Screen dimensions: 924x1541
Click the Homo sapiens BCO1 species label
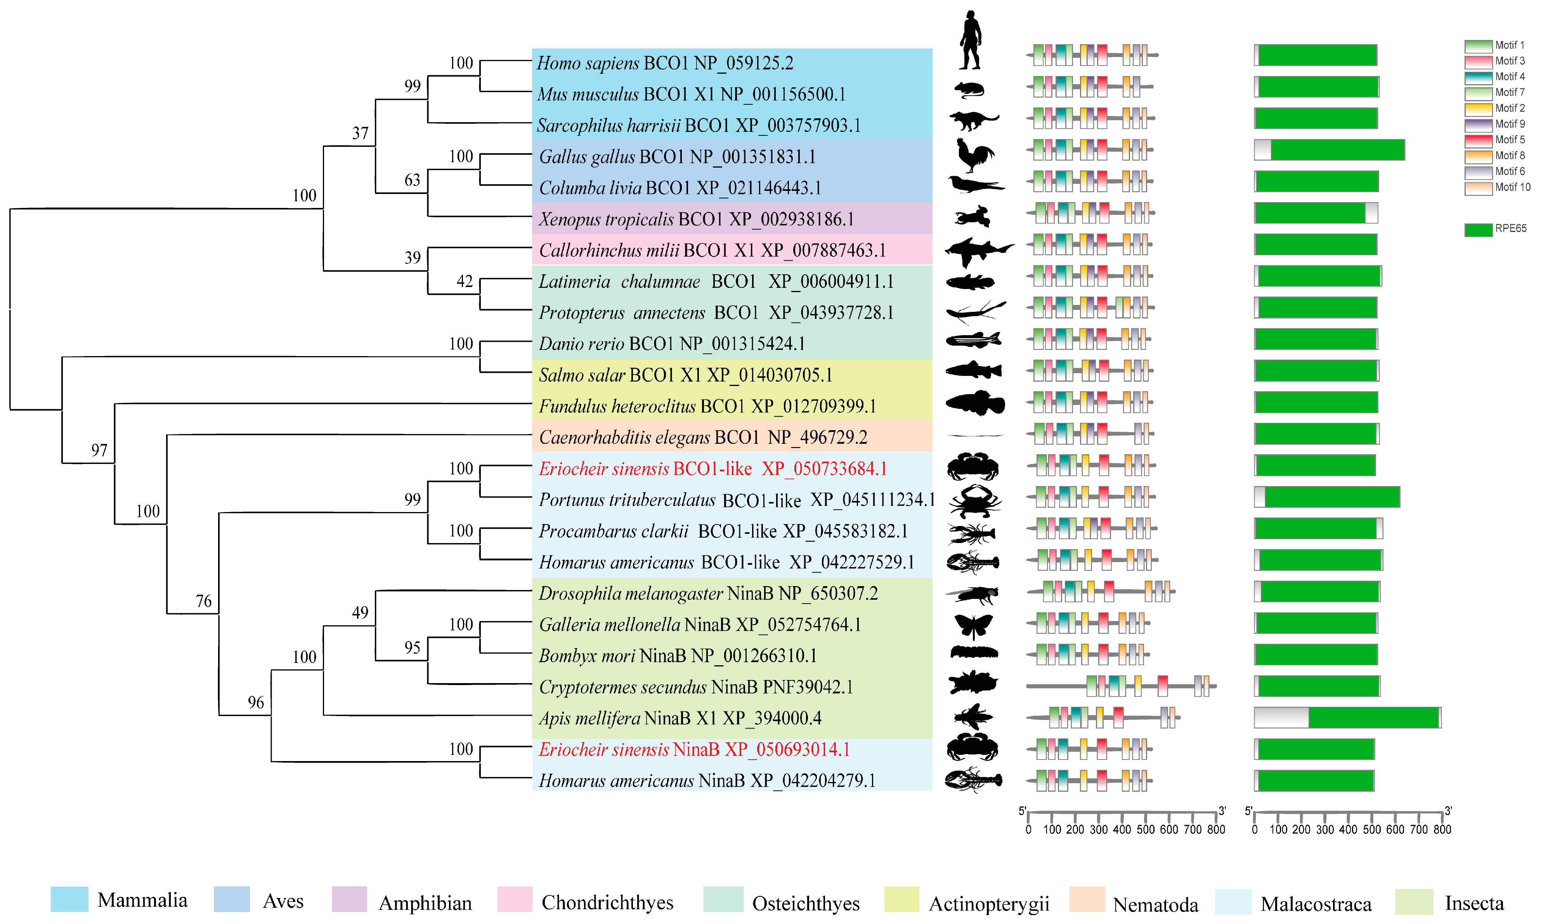[665, 63]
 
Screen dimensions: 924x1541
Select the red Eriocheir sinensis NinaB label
[694, 749]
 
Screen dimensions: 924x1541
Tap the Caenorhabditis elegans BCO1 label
[703, 437]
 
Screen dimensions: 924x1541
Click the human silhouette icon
[970, 40]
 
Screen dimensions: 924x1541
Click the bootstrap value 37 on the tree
[360, 133]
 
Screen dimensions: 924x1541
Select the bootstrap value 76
[204, 601]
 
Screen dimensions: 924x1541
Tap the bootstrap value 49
[360, 612]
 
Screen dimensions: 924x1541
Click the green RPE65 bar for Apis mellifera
[1373, 717]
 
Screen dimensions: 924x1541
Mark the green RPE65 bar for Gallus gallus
[1337, 150]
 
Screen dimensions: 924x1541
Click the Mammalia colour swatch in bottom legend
[69, 900]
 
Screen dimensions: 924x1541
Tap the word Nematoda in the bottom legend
[1155, 904]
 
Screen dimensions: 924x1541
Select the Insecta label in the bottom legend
[1474, 903]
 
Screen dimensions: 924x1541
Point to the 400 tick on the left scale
[1122, 829]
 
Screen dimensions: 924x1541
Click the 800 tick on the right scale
[1442, 829]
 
